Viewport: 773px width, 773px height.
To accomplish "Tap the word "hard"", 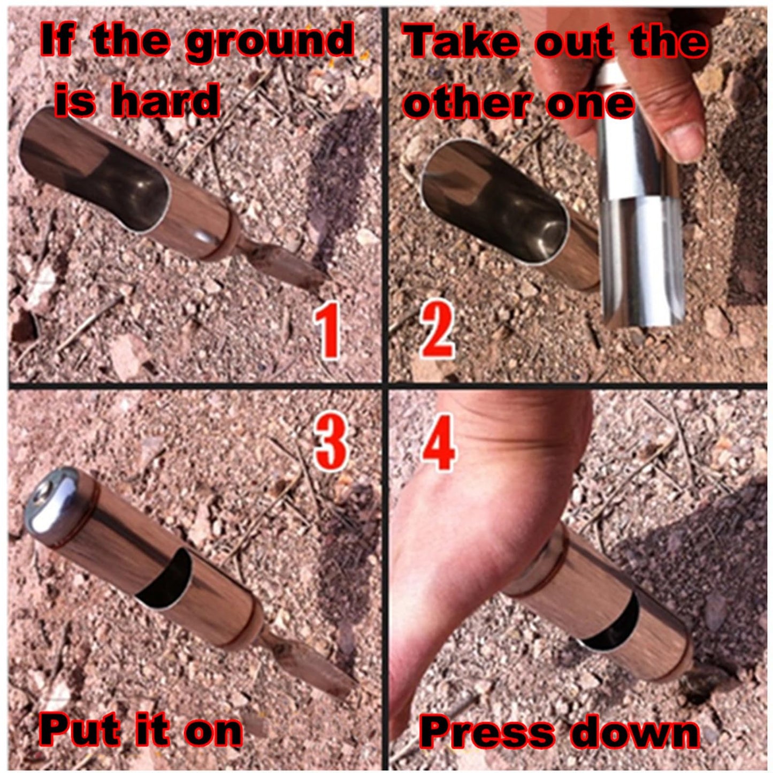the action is (165, 99).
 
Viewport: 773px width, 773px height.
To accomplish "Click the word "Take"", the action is (461, 41).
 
